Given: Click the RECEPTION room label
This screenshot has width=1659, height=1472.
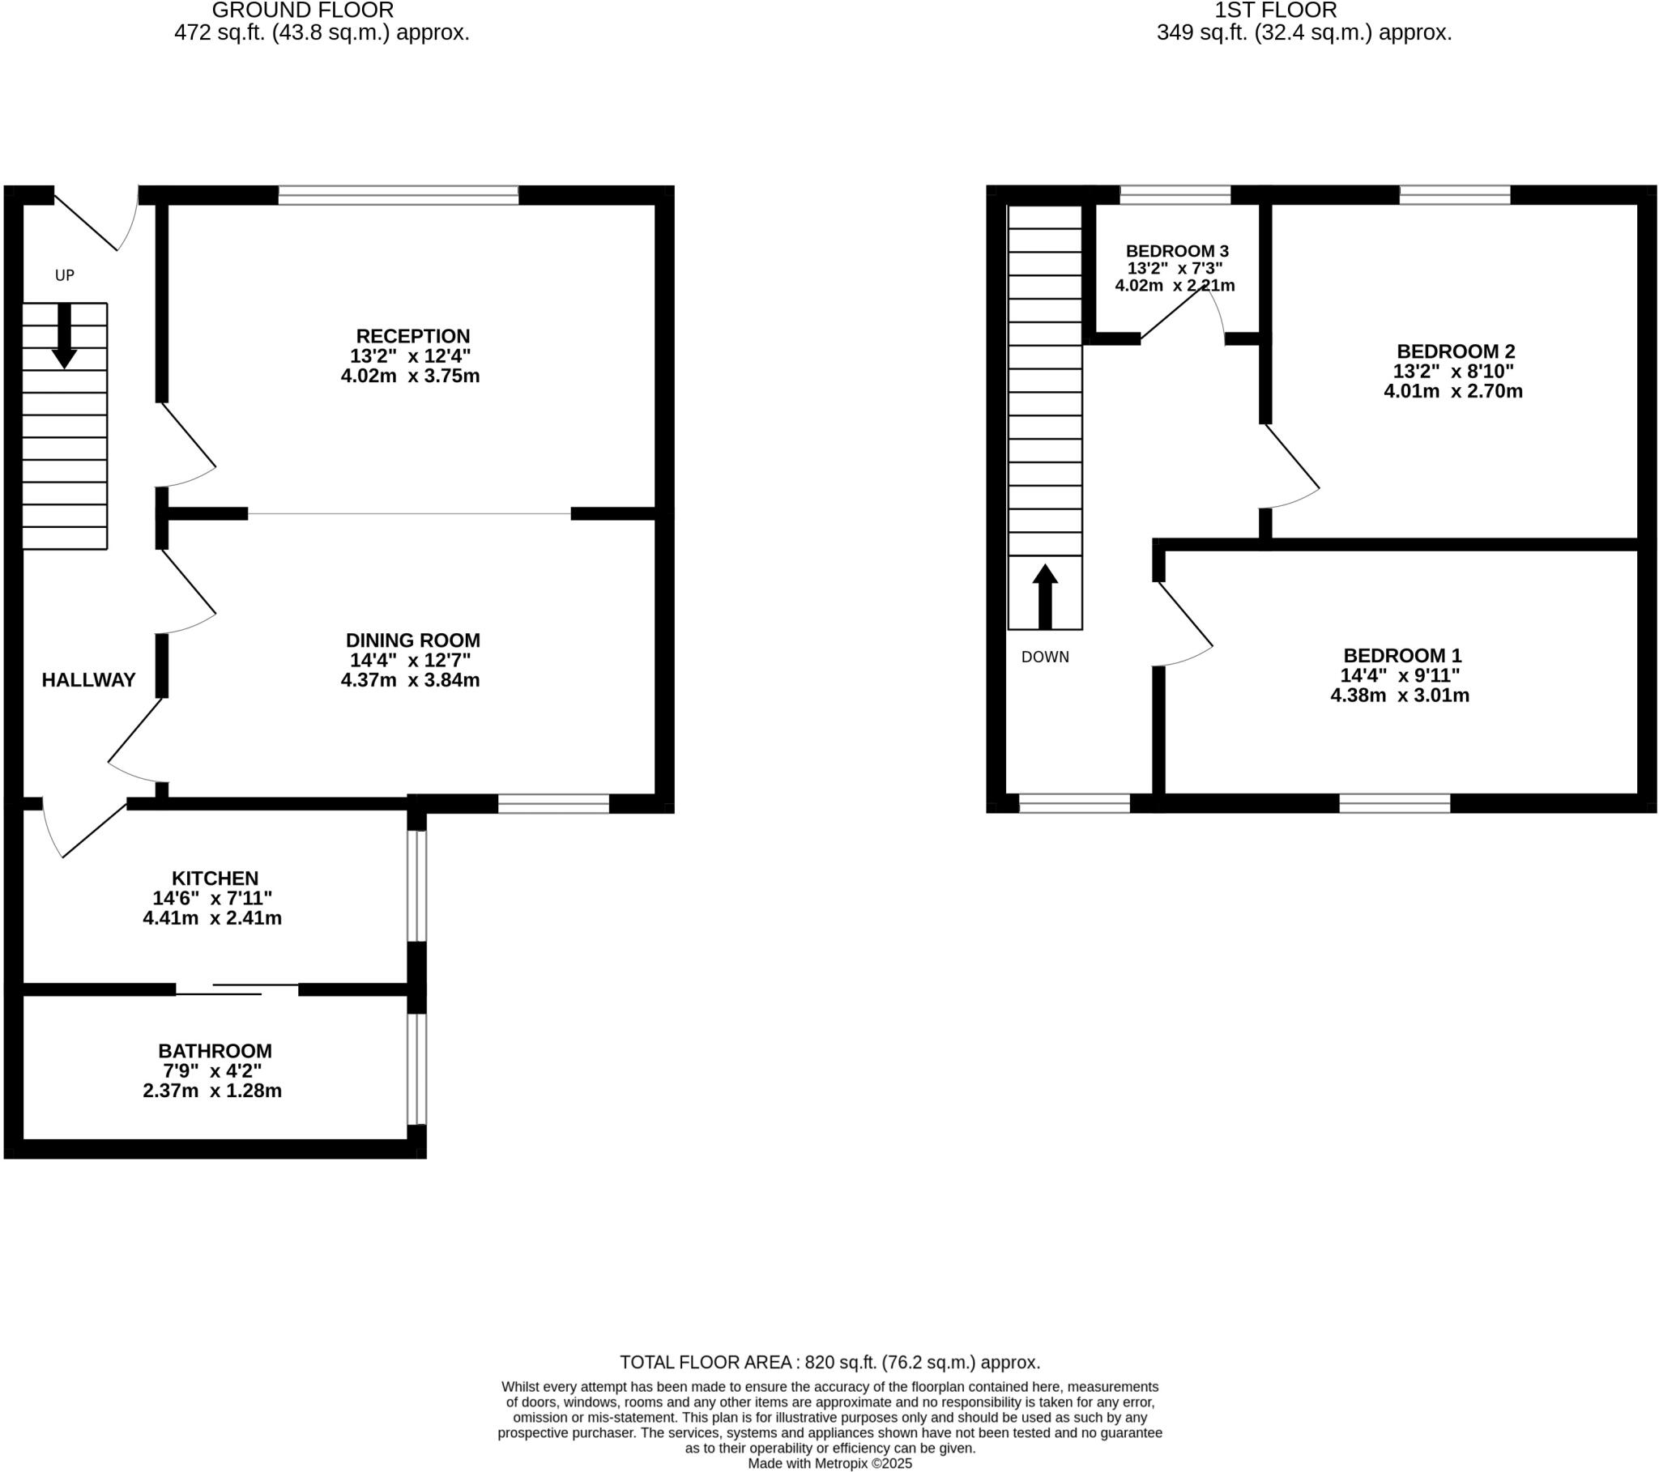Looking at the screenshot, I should point(412,336).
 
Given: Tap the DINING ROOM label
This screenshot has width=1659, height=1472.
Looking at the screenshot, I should point(412,640).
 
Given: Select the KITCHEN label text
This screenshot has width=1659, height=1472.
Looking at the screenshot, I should point(215,878).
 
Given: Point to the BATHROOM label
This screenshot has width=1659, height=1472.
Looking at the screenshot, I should point(215,1051).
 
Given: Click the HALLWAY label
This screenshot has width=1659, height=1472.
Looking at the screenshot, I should point(88,680).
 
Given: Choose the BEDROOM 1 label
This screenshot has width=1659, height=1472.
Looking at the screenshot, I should point(1401,656).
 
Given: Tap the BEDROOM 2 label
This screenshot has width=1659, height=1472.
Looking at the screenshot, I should point(1456,351).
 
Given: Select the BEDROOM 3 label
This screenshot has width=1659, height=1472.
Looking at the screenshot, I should point(1177,251).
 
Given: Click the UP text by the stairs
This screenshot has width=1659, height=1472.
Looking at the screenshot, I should point(65,275).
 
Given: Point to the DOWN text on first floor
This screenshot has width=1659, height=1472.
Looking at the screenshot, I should point(1045,657).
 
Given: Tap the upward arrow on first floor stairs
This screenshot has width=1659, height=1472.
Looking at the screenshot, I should point(1045,597).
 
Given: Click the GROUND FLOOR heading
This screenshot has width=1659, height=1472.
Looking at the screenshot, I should point(303,11).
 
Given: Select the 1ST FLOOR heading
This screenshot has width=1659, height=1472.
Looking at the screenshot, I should point(1275,11).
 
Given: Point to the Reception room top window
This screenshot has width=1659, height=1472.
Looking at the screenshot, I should point(399,195).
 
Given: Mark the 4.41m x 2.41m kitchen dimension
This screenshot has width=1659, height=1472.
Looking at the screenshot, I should point(213,918).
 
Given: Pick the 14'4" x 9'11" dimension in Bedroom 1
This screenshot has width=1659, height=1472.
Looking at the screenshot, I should point(1400,675).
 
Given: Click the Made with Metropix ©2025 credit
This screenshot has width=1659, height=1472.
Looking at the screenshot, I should point(829,1464).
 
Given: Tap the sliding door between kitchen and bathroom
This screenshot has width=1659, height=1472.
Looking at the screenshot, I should point(238,989).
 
